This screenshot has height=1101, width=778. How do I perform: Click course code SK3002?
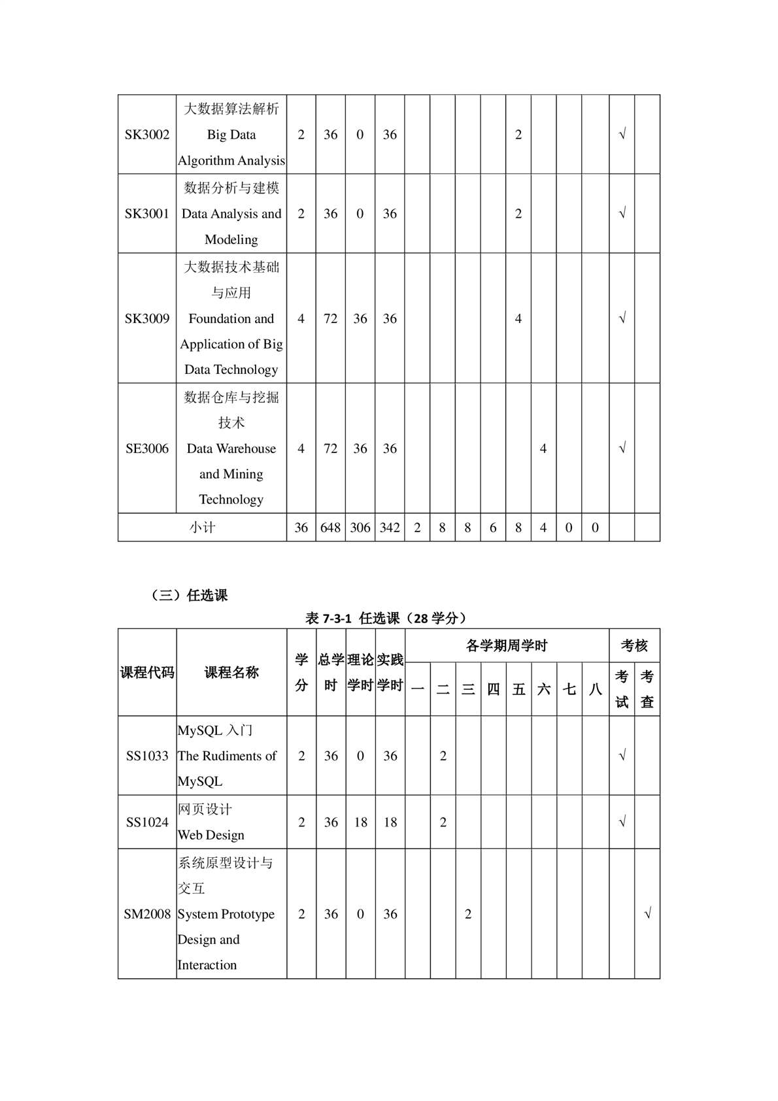coord(147,135)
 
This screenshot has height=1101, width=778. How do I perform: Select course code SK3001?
coord(147,214)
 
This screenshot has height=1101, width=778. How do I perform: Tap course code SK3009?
coord(147,318)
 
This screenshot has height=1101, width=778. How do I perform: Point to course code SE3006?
coord(147,449)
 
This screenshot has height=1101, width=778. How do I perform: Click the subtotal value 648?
coord(331,528)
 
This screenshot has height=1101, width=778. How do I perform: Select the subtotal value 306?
coord(360,528)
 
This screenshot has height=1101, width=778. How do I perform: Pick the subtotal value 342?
coord(390,528)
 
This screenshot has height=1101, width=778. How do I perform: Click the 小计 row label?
coord(202,528)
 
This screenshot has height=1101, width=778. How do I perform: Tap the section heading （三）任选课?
coord(189,596)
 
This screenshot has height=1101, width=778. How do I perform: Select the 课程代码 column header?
coord(147,673)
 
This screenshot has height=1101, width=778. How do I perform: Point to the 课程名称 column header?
coord(231,673)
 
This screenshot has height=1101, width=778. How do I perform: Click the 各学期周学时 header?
coord(507,646)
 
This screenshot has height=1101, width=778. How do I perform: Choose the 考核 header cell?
coord(634,646)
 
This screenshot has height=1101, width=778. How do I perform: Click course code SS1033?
coord(147,756)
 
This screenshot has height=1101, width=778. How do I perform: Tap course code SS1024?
coord(147,822)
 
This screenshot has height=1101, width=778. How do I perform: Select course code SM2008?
coord(147,914)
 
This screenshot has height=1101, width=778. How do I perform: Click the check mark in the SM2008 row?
coord(647,914)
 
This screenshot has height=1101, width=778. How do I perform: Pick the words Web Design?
coord(211,835)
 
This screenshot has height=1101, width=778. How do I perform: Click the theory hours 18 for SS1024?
coord(361,822)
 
